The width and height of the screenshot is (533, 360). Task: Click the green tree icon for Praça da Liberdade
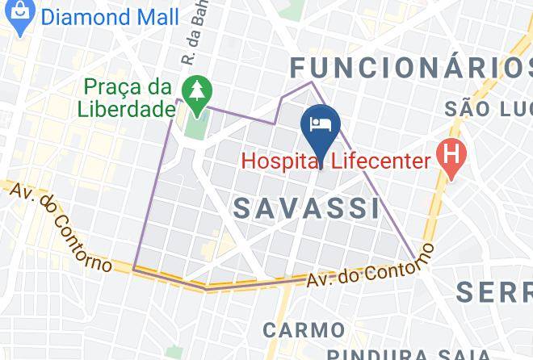(x=195, y=94)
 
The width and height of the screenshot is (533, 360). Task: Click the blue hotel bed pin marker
(x=319, y=126)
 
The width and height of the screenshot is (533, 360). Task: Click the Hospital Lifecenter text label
(x=336, y=161)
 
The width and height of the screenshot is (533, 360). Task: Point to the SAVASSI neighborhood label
(x=307, y=208)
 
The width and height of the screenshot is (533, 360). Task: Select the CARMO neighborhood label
(x=304, y=330)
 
